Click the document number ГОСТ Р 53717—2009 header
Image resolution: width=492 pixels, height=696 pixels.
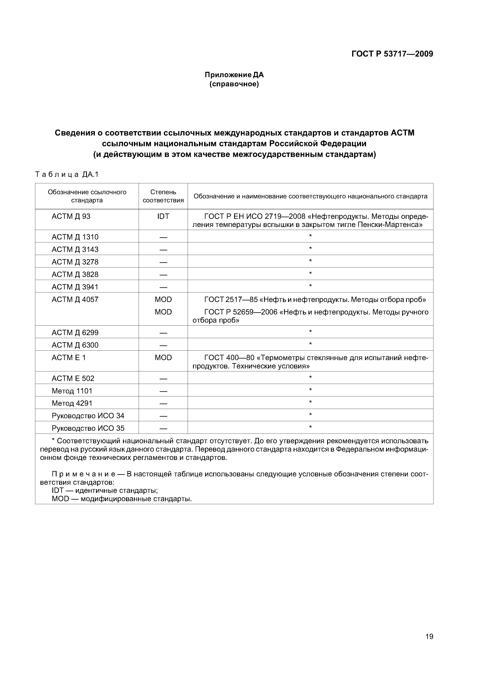click(x=392, y=54)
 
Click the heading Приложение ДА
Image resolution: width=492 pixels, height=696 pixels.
click(x=234, y=75)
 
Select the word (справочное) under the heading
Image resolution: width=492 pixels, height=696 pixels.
click(x=234, y=84)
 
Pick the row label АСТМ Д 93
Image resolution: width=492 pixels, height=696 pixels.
click(x=71, y=216)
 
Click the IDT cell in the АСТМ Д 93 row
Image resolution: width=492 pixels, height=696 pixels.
click(x=163, y=216)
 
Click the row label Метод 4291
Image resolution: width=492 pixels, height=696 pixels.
click(x=72, y=403)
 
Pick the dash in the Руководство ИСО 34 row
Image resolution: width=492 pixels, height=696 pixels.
click(x=163, y=416)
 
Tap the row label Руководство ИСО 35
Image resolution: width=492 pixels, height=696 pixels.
click(x=88, y=428)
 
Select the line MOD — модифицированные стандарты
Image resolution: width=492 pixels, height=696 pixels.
click(x=122, y=499)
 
